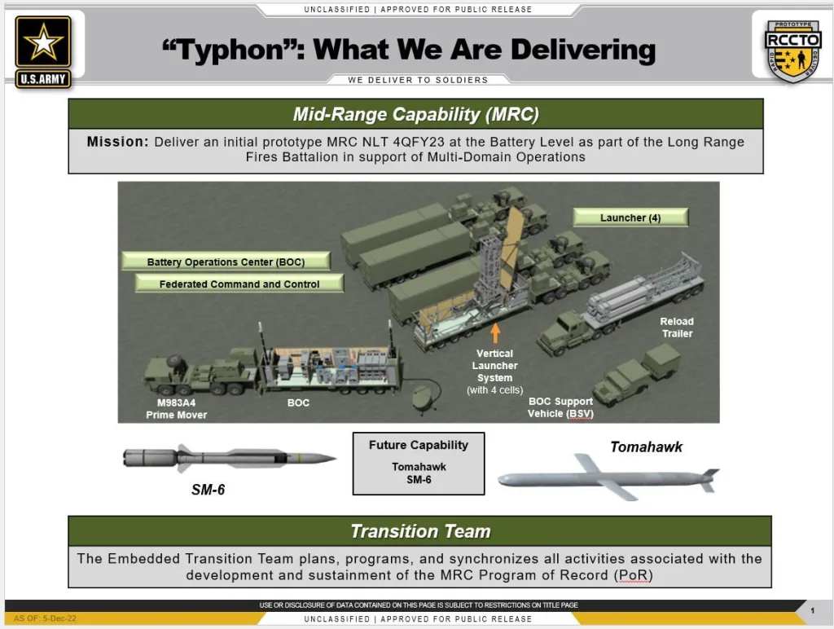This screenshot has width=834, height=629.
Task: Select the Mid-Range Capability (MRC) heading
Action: click(x=415, y=114)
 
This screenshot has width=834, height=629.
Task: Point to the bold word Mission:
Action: click(x=117, y=142)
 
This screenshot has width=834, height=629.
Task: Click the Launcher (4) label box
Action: click(x=630, y=218)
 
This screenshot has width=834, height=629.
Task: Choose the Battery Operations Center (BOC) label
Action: click(x=225, y=262)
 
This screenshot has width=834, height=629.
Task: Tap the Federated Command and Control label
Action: click(x=239, y=284)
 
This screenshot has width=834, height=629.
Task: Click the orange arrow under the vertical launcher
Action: click(x=494, y=332)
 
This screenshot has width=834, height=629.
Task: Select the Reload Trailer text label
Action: click(x=677, y=328)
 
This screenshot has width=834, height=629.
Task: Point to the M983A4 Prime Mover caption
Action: click(x=177, y=409)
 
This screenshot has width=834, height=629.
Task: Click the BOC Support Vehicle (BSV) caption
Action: click(x=560, y=407)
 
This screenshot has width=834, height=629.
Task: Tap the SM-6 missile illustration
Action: click(x=229, y=458)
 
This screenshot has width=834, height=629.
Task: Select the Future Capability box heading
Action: click(x=418, y=446)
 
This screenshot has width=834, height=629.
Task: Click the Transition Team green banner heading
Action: click(x=419, y=531)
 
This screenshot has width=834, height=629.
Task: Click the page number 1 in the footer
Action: click(x=811, y=610)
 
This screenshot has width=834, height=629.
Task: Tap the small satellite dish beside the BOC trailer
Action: click(x=423, y=398)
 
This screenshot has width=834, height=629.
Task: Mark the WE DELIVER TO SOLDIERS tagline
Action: click(x=418, y=80)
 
